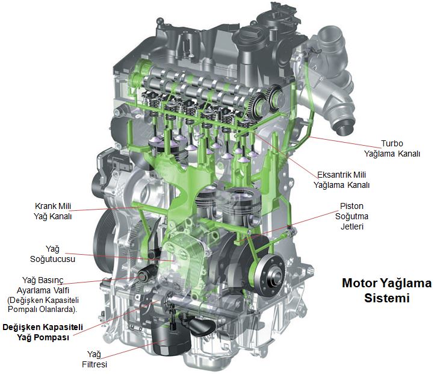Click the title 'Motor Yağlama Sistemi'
[387, 290]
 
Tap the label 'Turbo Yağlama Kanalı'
[392, 149]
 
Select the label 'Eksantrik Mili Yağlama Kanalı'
[342, 180]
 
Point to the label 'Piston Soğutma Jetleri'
[352, 216]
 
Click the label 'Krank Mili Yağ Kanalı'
[52, 211]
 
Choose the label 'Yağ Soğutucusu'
[52, 254]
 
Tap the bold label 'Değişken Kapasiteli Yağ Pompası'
[43, 332]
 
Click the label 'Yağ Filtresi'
[94, 359]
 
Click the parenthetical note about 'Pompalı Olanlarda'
[43, 305]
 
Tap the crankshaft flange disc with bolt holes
[270, 275]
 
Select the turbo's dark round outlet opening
[345, 128]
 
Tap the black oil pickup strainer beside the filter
[202, 326]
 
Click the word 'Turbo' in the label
[392, 144]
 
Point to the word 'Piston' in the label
[352, 206]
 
